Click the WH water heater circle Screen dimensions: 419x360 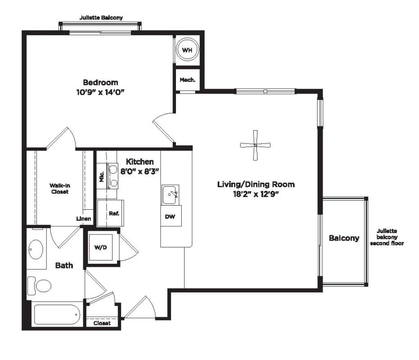point(187,49)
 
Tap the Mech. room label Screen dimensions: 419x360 point(187,80)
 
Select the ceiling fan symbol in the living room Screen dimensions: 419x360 point(255,145)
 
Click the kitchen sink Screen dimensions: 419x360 point(170,195)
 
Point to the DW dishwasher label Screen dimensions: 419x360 point(170,217)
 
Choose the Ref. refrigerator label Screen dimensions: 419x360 point(114,214)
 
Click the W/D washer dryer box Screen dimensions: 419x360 point(100,247)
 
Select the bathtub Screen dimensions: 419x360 point(57,315)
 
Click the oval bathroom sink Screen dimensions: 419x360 point(36,249)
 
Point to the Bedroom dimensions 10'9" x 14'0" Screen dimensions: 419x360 point(100,92)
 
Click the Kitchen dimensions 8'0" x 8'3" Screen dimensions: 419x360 point(140,171)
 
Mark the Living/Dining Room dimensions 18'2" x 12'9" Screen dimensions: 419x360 point(256,194)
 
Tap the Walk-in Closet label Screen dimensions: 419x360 point(60,189)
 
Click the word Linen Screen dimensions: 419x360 point(84,219)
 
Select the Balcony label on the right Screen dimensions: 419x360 point(344,238)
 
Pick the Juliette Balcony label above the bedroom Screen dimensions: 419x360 point(101,18)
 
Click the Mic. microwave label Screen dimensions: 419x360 point(102,177)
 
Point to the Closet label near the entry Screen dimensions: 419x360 point(102,323)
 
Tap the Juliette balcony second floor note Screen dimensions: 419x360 point(387,237)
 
